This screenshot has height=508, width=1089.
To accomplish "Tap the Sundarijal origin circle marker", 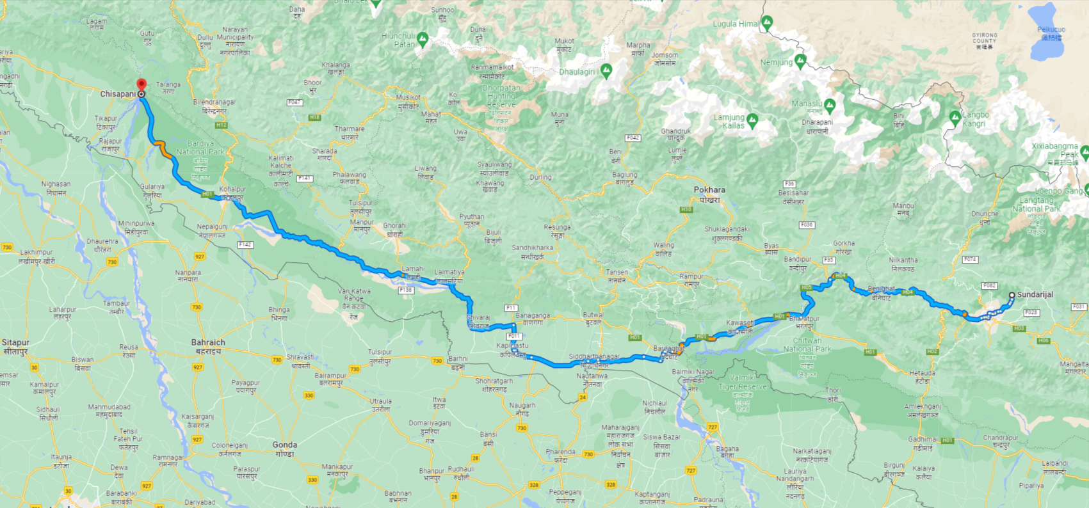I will click(x=1012, y=295).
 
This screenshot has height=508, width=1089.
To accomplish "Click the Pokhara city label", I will click(x=709, y=190).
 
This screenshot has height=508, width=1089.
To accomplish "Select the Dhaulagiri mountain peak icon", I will click(x=606, y=70).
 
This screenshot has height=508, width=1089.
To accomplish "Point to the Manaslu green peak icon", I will click(x=830, y=104).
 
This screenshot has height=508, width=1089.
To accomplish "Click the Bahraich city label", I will click(x=208, y=343).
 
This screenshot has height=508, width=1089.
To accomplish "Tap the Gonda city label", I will click(x=284, y=445).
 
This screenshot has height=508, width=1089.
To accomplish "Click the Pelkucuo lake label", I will click(x=1051, y=29).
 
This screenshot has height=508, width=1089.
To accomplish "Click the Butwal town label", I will click(x=593, y=315).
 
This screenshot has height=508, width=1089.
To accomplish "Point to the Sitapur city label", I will click(x=15, y=343).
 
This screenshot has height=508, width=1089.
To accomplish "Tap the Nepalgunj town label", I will click(x=213, y=227).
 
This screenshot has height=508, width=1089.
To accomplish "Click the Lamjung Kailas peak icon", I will click(x=752, y=120).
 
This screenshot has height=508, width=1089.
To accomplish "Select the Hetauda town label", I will click(x=923, y=373).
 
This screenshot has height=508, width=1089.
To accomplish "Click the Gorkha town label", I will click(x=844, y=244).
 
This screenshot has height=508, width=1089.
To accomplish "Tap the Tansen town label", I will click(x=617, y=273).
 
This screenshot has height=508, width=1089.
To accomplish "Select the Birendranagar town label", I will click(x=214, y=102).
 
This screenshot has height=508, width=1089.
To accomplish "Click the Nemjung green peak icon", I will click(x=800, y=61).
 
